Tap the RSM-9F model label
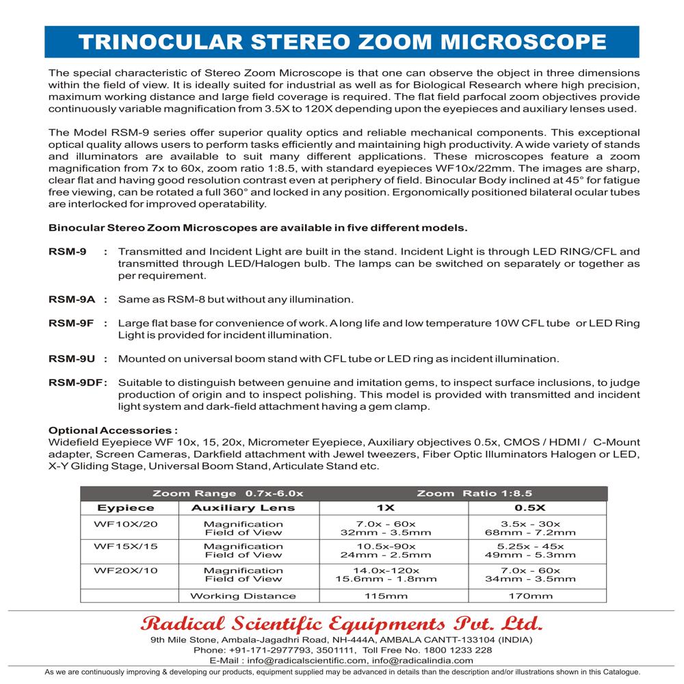click(71, 323)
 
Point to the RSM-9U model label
click(71, 358)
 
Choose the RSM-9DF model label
click(74, 382)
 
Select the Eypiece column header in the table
click(126, 508)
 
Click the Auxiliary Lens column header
click(243, 508)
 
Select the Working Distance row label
click(243, 596)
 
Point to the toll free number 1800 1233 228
click(447, 650)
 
